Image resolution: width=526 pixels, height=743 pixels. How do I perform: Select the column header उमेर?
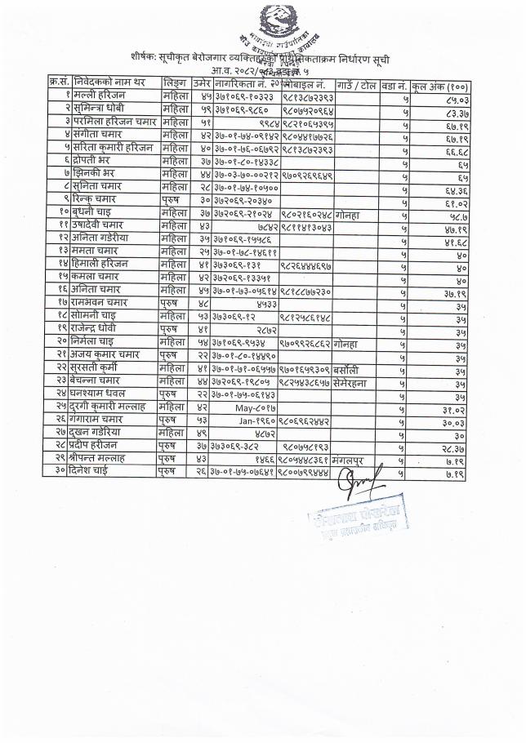point(202,85)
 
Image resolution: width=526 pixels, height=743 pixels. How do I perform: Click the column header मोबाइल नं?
point(305,85)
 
